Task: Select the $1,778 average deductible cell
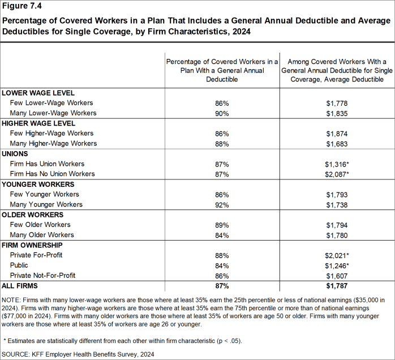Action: tap(337, 103)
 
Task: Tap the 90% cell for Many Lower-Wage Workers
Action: tap(221, 113)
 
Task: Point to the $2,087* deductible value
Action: tap(337, 174)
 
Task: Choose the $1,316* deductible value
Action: tap(337, 164)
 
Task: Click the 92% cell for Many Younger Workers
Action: tap(221, 204)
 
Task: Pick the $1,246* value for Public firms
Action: tap(337, 265)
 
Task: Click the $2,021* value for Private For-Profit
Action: tap(337, 255)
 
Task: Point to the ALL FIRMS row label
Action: tap(19, 286)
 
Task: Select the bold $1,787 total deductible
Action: tap(337, 286)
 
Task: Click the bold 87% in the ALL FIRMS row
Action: tap(221, 286)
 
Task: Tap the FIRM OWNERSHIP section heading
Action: tap(32, 245)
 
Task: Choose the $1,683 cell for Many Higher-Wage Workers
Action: tap(337, 144)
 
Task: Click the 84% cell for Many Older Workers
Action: tap(221, 235)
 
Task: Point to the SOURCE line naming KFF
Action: tap(78, 354)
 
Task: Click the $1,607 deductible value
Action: tap(337, 276)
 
